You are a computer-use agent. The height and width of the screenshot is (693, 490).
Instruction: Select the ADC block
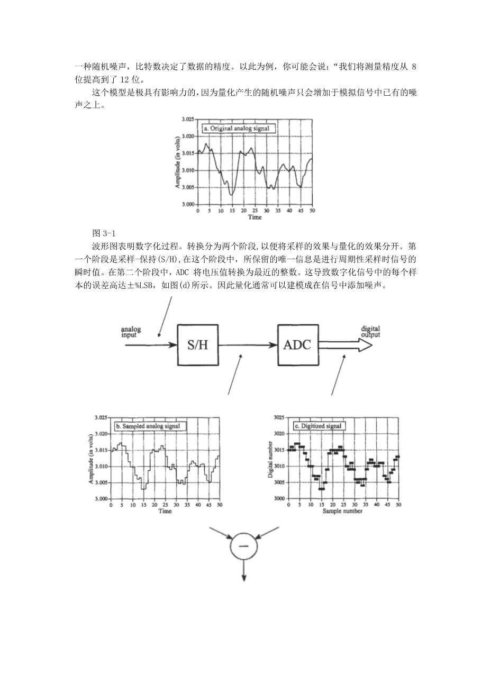pos(297,345)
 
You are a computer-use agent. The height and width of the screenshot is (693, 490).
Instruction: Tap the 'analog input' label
pos(131,332)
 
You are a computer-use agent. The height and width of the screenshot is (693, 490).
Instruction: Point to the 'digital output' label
pos(370,331)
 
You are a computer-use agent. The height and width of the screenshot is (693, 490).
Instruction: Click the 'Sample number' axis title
pos(343,512)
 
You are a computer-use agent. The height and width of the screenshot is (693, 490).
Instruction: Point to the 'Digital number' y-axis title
pos(270,459)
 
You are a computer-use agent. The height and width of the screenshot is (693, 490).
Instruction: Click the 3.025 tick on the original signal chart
pos(188,120)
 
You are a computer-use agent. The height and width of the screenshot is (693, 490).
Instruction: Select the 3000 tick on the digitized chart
pos(279,499)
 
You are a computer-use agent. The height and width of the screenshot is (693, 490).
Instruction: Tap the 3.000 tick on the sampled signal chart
pos(101,499)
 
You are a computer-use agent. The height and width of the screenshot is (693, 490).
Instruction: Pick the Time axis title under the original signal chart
pos(255,217)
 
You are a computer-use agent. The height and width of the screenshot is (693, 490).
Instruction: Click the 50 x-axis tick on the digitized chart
pos(398,505)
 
